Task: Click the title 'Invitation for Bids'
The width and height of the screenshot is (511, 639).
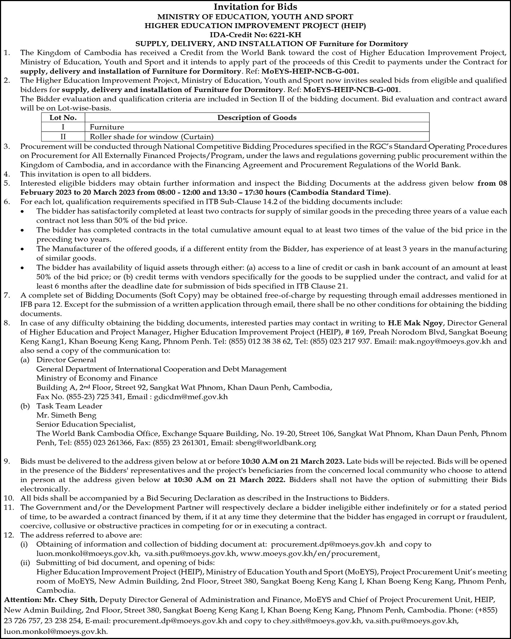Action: click(x=255, y=6)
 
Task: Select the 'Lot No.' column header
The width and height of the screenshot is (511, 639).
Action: click(x=63, y=118)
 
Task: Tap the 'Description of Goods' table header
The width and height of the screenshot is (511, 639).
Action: click(x=257, y=118)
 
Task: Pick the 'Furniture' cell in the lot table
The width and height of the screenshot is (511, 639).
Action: click(x=107, y=127)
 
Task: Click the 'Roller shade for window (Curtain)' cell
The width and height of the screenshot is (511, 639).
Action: click(x=151, y=137)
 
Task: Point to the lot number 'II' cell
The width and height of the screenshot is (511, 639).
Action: click(x=63, y=137)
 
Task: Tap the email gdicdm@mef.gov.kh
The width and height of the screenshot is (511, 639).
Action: click(x=191, y=397)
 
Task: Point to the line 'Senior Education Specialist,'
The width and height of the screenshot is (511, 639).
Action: click(x=86, y=424)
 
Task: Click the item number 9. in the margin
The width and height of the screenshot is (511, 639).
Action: click(x=8, y=461)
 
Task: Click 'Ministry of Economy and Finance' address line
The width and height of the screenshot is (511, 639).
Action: click(x=97, y=378)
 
